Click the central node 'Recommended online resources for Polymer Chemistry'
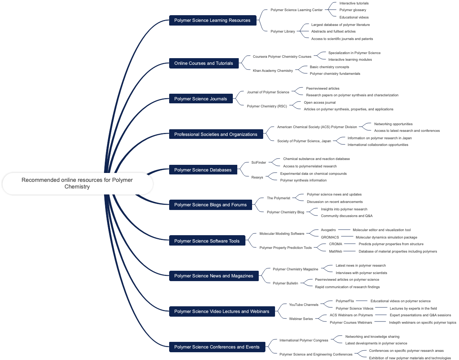pos(77,183)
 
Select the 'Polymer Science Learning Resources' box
pos(212,20)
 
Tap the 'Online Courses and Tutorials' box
pos(204,63)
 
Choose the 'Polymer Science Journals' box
pos(201,99)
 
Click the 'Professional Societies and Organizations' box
pos(216,134)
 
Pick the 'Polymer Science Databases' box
pos(203,170)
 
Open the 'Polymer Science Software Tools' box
pos(207,241)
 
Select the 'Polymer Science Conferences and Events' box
pos(217,347)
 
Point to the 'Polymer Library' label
pos(283,31)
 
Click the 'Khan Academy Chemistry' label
pos(273,71)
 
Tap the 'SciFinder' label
pos(259,163)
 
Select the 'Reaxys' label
pos(257,177)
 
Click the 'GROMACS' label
pos(330,237)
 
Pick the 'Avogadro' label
pos(328,230)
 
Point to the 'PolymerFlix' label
pos(345,301)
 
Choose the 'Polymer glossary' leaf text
pos(353,10)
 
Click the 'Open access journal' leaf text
pos(320,103)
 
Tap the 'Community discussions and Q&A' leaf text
pos(346,216)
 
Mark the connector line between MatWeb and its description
pos(350,251)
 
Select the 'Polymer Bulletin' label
pos(285,283)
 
